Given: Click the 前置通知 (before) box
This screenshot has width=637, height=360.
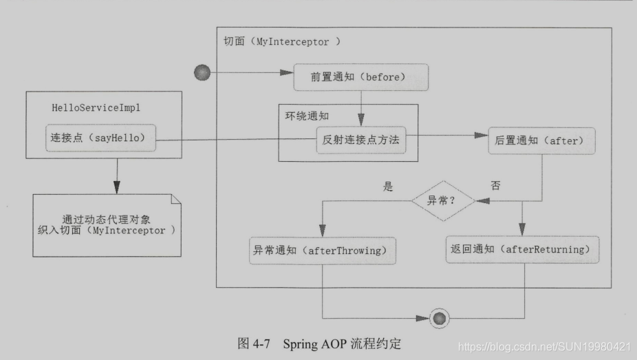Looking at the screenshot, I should click(361, 77).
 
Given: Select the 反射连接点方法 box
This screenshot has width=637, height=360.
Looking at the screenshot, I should click(361, 140).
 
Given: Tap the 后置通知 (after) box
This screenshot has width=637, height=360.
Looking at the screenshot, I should click(541, 140).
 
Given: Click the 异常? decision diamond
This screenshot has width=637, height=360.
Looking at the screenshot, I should click(443, 201).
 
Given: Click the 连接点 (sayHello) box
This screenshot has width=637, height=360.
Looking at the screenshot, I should click(100, 138).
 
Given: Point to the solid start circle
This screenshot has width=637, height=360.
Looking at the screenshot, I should click(202, 72).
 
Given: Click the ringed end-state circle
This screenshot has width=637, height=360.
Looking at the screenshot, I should click(438, 318).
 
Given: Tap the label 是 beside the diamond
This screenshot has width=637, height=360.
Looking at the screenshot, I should click(388, 186).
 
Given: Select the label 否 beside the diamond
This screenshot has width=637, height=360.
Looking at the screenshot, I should click(495, 186).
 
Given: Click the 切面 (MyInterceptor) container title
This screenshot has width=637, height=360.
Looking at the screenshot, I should click(282, 41).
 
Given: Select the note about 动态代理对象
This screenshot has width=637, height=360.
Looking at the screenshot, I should click(107, 225).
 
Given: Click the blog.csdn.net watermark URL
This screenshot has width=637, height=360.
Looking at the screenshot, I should click(544, 346).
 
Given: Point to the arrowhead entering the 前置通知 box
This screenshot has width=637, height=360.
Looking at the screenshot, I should click(289, 72).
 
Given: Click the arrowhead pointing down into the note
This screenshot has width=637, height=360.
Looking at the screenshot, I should click(117, 188).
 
